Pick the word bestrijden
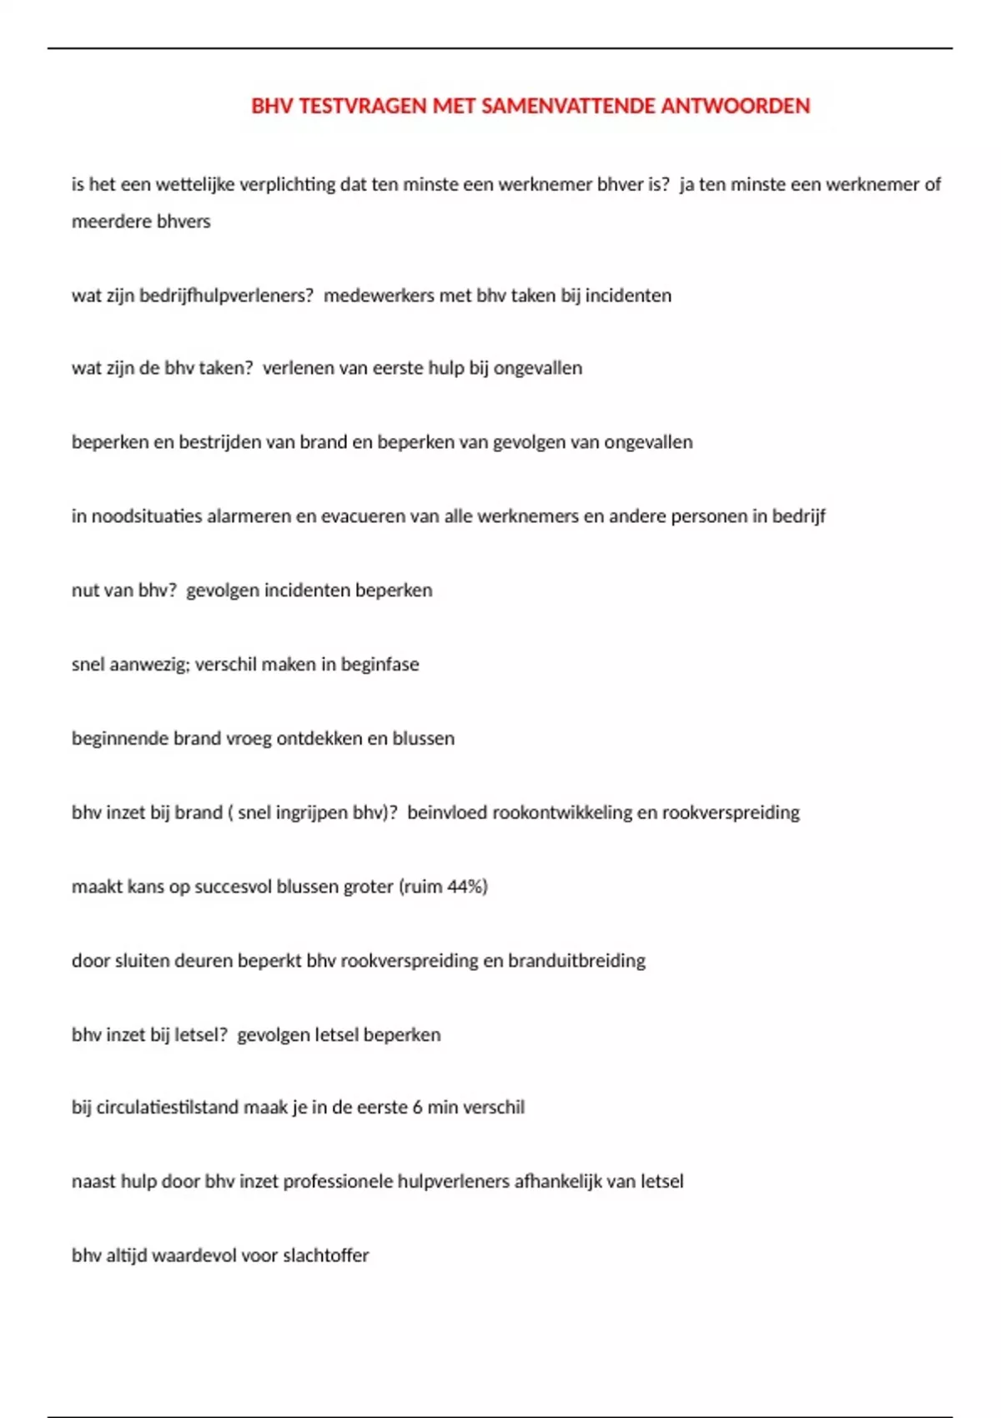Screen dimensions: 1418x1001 click(x=219, y=442)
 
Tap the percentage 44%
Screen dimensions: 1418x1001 click(x=467, y=887)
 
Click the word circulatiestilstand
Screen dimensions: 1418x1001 click(x=168, y=1108)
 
